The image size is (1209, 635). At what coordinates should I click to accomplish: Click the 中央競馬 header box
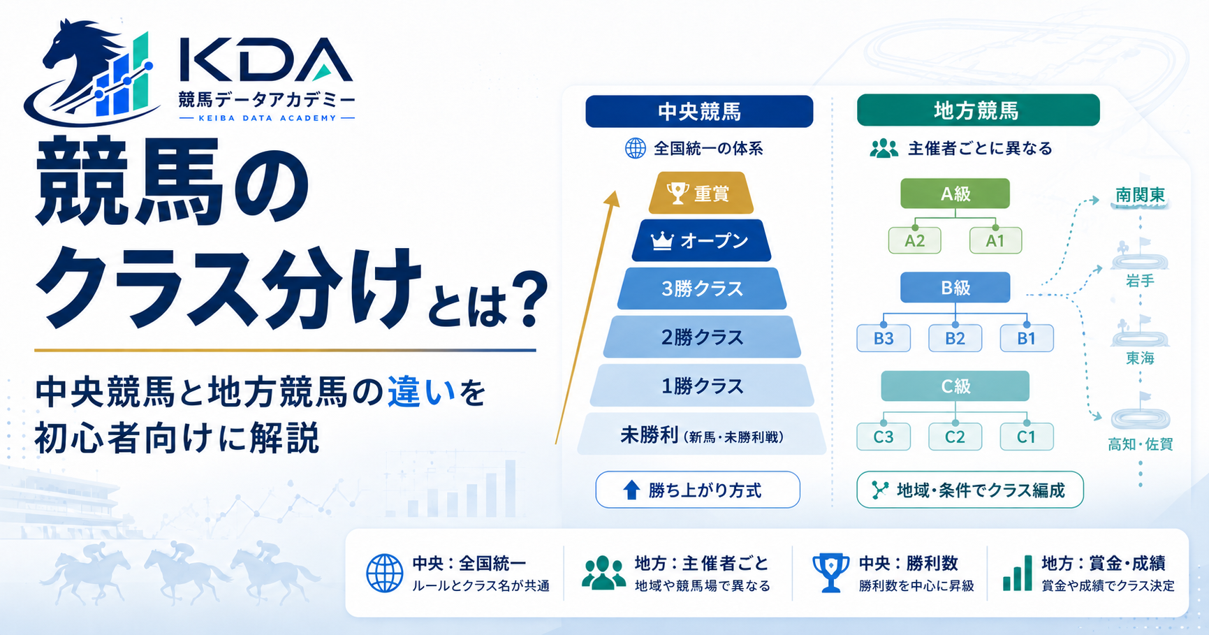(699, 111)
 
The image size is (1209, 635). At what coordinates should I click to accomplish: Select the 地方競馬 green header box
(978, 110)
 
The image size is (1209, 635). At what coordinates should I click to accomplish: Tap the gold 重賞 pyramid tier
(701, 193)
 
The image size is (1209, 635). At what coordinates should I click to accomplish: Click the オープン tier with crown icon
(701, 241)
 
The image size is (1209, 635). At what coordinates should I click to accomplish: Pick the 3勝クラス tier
(702, 289)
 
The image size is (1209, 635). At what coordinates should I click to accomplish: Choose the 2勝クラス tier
(702, 337)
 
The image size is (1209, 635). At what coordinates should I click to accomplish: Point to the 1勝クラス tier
(702, 386)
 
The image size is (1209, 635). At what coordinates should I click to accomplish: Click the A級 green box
(955, 194)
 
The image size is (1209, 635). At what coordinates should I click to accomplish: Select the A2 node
(914, 241)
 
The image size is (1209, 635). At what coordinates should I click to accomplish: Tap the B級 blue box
(955, 287)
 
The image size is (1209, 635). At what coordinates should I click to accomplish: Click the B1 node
(1026, 339)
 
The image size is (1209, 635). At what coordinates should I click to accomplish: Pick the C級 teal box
(955, 386)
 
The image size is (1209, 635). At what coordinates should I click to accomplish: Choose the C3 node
(884, 437)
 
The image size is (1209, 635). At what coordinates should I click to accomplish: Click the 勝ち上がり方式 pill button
(698, 490)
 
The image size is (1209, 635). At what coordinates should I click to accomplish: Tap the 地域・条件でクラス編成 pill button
(970, 490)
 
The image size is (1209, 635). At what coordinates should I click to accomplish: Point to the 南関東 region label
(1140, 195)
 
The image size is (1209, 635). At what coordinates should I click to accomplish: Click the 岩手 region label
(1140, 281)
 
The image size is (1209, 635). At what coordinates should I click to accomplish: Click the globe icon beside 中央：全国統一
(385, 574)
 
